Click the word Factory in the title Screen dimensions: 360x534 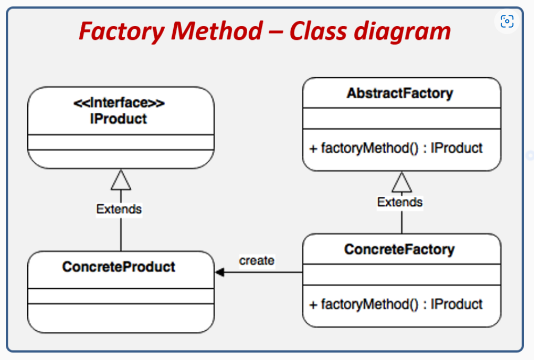click(x=121, y=31)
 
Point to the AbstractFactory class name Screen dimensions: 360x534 click(x=400, y=94)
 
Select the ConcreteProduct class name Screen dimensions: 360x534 click(x=118, y=266)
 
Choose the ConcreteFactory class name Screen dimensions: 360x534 click(x=400, y=249)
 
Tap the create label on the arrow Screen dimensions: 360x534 click(x=257, y=261)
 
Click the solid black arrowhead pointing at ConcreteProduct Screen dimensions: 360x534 click(x=220, y=272)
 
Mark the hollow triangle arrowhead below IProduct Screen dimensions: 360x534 click(x=121, y=180)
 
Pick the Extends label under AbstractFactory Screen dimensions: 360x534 click(x=400, y=202)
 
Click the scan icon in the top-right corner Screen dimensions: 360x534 click(x=507, y=21)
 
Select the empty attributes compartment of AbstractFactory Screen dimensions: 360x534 click(x=401, y=118)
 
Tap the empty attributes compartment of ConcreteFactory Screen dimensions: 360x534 click(x=401, y=274)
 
